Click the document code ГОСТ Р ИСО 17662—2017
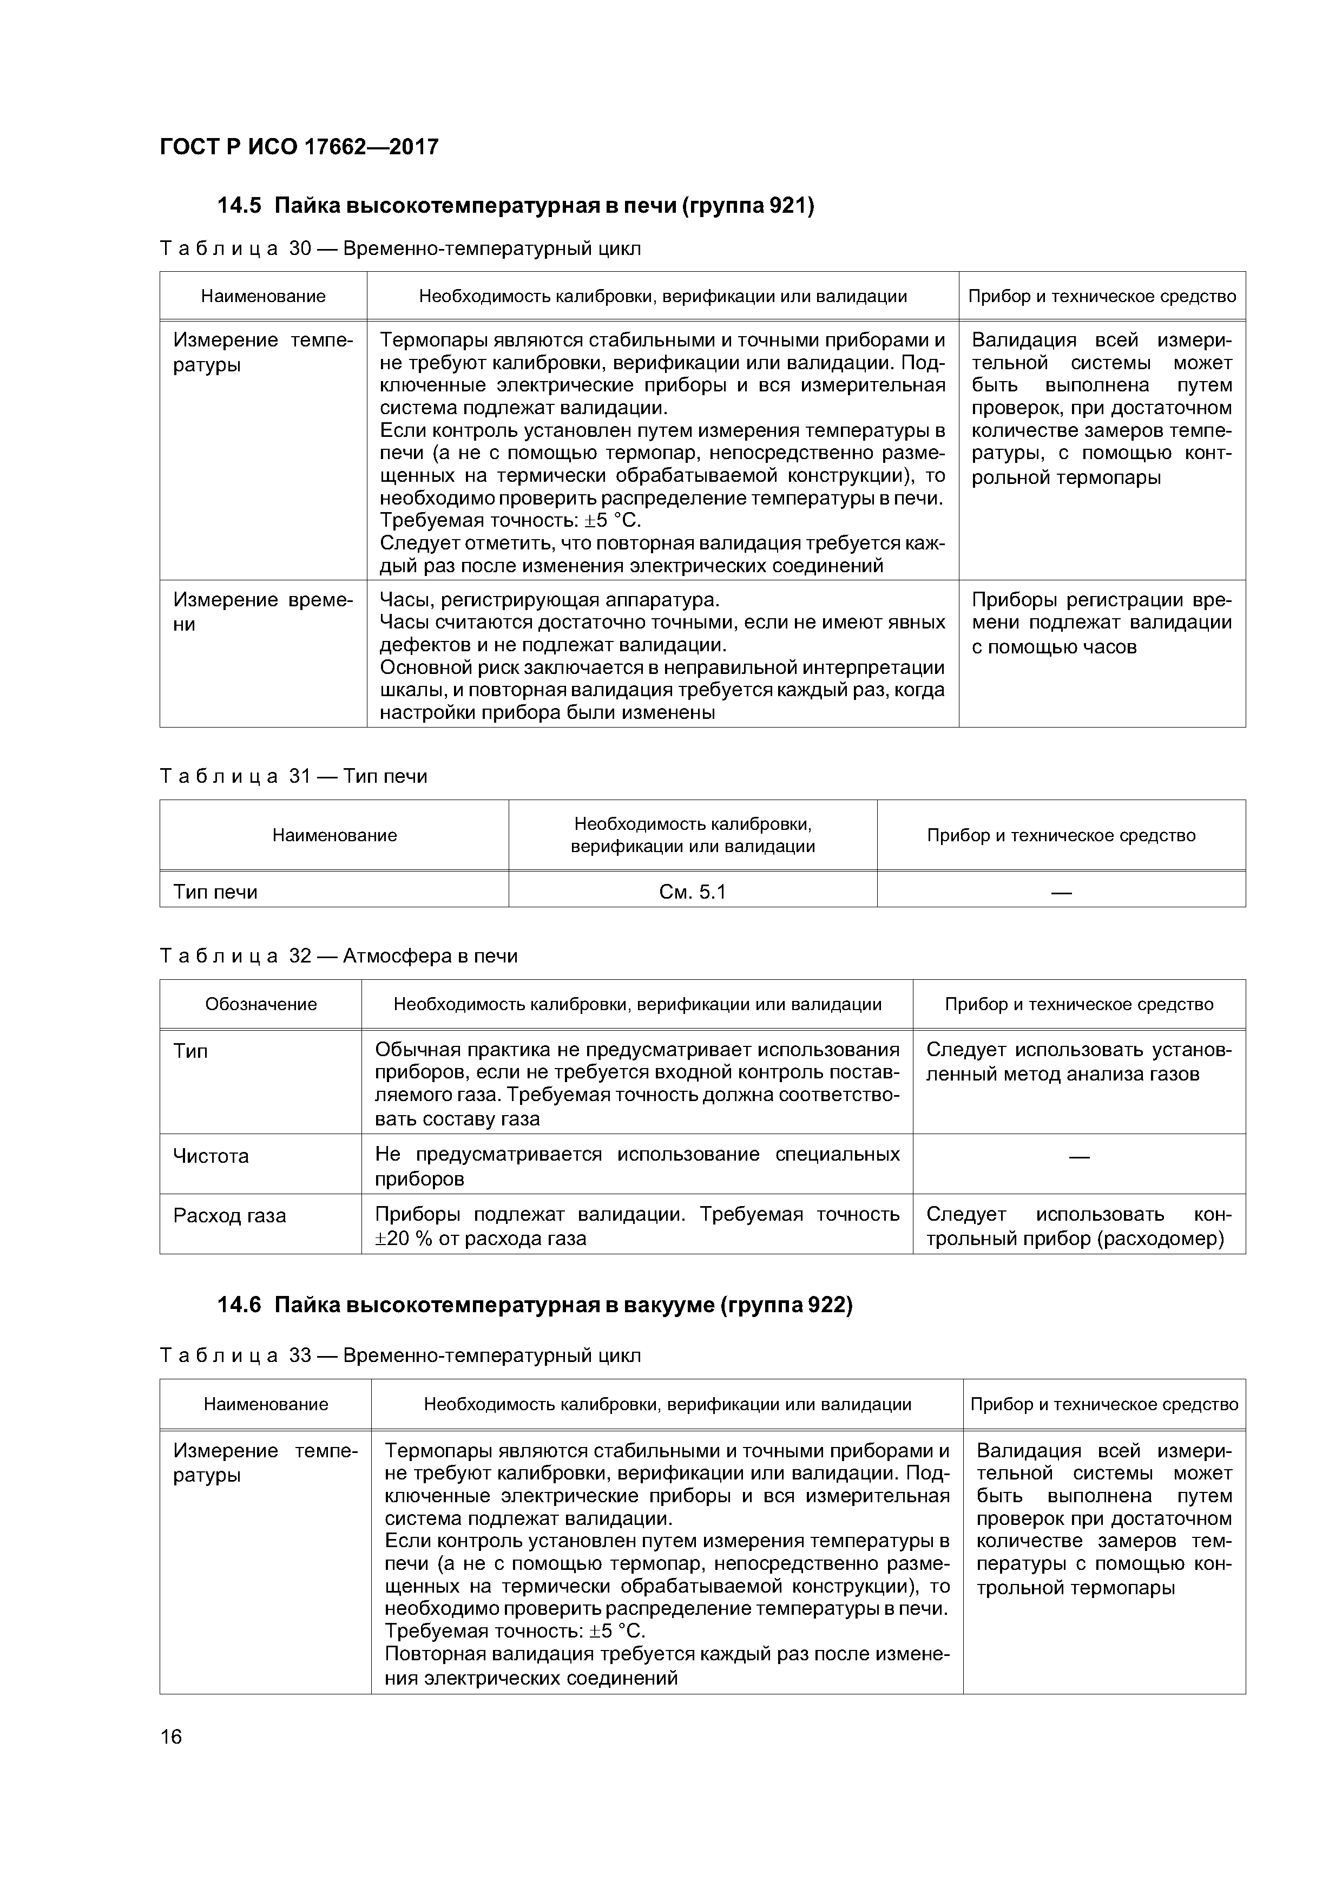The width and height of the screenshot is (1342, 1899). coord(299,147)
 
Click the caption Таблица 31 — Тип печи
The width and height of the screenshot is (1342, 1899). coord(293,776)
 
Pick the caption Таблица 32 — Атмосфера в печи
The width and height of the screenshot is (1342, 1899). coord(338,955)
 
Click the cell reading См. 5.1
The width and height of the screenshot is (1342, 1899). coord(692,892)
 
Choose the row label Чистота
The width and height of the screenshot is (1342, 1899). coord(211,1155)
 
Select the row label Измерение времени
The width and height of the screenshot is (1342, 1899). coord(262,611)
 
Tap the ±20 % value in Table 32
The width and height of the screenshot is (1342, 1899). coord(407,1238)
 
